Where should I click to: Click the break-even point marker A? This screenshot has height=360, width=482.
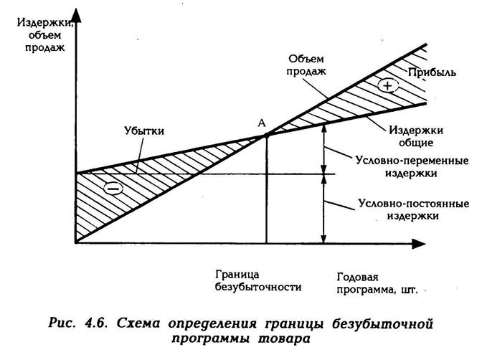click(266, 135)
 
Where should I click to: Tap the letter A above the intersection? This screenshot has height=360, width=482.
click(262, 123)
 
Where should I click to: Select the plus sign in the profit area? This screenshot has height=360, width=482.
click(388, 85)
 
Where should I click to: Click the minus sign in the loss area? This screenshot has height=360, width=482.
click(113, 188)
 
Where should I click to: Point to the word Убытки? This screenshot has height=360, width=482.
click(144, 131)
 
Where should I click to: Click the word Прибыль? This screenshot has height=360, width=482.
click(432, 72)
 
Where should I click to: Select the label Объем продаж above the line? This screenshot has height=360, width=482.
click(306, 65)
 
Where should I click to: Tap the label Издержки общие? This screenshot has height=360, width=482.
click(416, 136)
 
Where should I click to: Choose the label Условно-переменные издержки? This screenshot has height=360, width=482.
click(412, 166)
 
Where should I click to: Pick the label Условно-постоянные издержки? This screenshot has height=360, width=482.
click(413, 209)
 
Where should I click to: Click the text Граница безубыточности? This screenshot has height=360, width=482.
click(258, 280)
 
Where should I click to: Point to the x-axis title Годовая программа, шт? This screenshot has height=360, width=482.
click(377, 283)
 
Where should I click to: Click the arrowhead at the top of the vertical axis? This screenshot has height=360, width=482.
click(76, 15)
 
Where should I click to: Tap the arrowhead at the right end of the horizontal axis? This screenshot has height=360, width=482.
click(419, 244)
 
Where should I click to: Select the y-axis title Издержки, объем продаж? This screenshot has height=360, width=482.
click(45, 34)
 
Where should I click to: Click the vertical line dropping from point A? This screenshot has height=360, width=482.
click(266, 189)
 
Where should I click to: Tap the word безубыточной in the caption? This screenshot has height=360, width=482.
click(382, 324)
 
